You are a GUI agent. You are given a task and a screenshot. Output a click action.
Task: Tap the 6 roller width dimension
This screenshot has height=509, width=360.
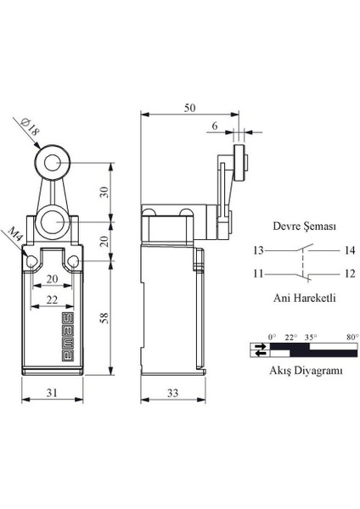pyautogui.click(x=213, y=125)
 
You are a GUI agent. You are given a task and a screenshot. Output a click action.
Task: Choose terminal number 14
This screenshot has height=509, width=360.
pyautogui.click(x=327, y=250)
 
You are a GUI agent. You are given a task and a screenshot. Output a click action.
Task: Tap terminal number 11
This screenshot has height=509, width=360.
pyautogui.click(x=257, y=272)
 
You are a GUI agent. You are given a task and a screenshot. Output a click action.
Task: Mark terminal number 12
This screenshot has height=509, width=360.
pyautogui.click(x=327, y=272)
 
